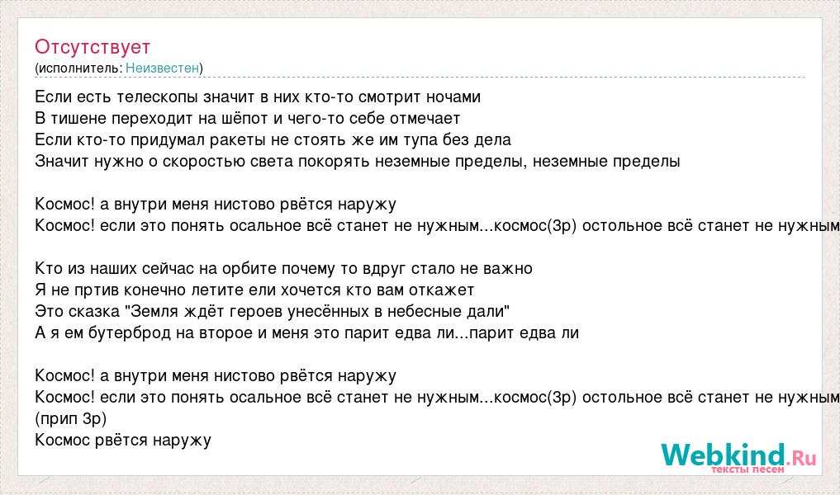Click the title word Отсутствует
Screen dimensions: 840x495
point(93,47)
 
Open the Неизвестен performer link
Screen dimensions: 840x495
point(163,68)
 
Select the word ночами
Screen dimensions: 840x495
point(453,97)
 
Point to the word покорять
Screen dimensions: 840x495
point(334,162)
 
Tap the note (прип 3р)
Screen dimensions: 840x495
point(71,418)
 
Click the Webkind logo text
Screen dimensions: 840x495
point(738,456)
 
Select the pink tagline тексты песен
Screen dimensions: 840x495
point(747,469)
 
